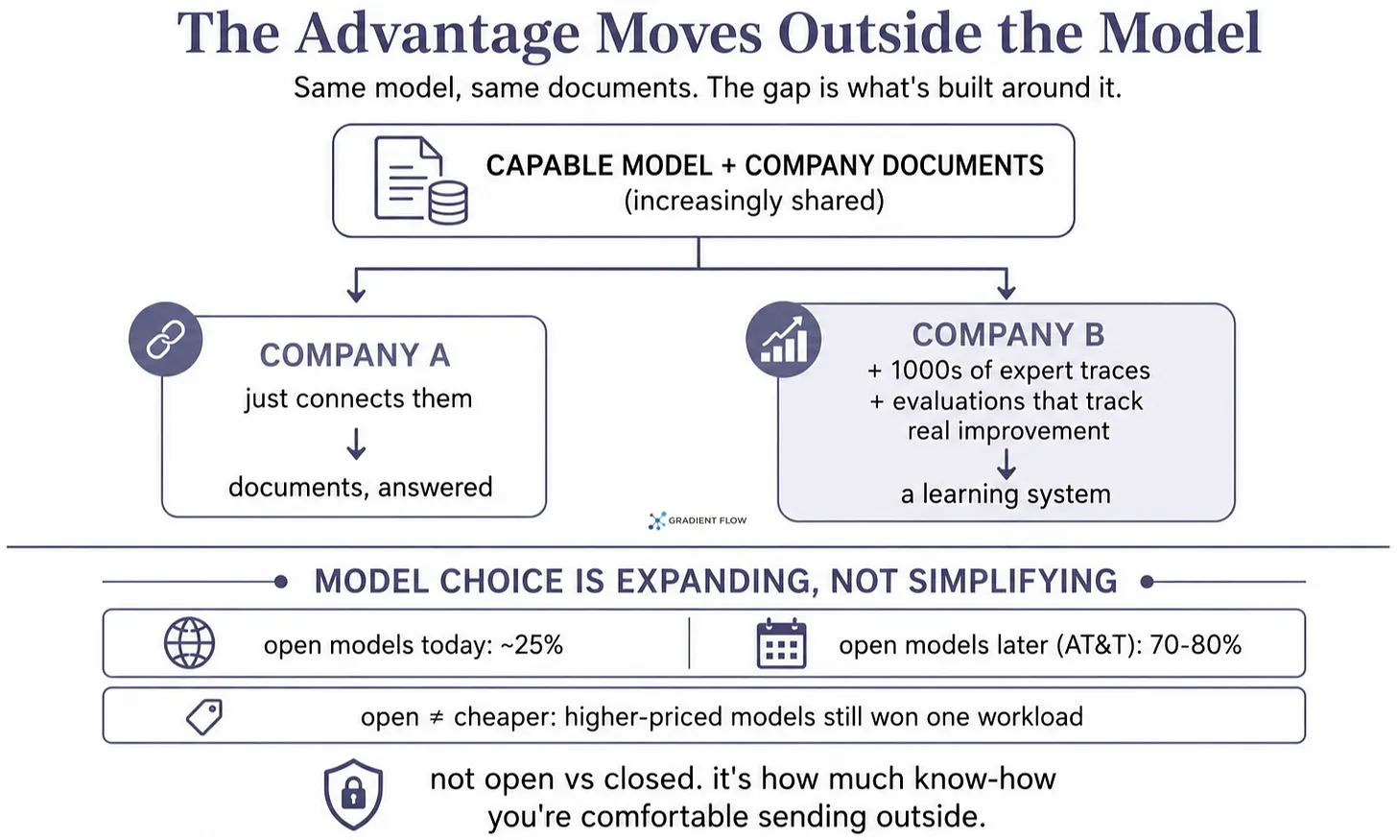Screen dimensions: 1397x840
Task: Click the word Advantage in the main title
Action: [438, 34]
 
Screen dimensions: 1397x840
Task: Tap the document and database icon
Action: [421, 180]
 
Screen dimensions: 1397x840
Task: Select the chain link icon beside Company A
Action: [165, 339]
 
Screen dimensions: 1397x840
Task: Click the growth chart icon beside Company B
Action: [783, 339]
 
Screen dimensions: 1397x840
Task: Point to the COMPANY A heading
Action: [355, 355]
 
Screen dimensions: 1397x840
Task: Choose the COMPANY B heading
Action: [1007, 334]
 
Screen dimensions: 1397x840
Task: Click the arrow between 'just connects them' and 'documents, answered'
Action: [356, 444]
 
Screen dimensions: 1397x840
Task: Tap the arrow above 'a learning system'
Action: [1006, 465]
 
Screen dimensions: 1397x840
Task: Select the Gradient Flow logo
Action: [698, 520]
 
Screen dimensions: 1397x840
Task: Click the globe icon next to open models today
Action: [190, 643]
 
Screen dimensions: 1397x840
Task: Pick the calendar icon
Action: [781, 643]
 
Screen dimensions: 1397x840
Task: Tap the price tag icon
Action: [204, 716]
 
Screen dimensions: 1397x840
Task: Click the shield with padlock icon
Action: [353, 795]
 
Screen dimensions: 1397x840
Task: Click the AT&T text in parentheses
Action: [1099, 645]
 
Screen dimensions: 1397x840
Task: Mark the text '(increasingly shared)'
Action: [754, 201]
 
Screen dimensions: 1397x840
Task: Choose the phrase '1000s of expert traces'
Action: [1020, 371]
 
